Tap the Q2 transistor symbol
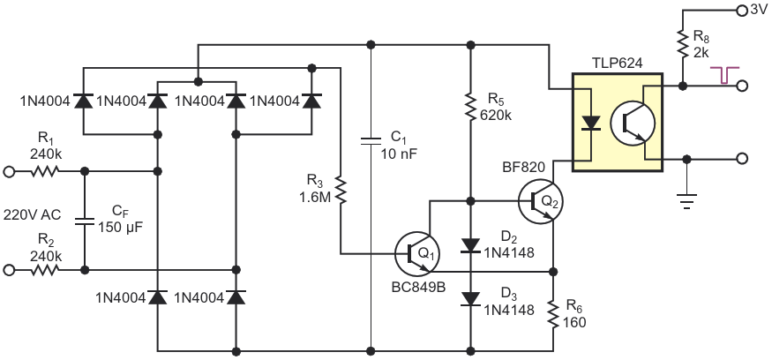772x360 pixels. (541, 201)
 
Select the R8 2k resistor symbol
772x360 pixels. (682, 43)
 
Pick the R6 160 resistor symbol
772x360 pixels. (553, 316)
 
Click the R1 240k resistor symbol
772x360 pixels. (46, 171)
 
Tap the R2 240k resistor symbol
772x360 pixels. (46, 270)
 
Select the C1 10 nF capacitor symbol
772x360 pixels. (371, 141)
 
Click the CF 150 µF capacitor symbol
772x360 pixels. (85, 221)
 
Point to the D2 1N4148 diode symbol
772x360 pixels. (470, 245)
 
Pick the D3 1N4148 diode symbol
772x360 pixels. (470, 299)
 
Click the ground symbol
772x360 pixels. (687, 200)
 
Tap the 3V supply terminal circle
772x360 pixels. (741, 11)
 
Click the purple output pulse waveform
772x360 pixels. (724, 75)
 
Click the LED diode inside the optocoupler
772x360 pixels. (590, 123)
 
